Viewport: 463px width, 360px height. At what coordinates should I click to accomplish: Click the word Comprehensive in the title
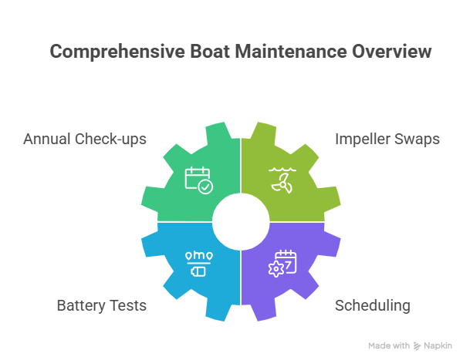pos(117,52)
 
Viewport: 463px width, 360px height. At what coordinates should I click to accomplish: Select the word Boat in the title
pos(210,52)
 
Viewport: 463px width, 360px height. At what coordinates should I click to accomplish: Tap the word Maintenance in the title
pos(291,52)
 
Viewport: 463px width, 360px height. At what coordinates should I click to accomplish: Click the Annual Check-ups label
pos(85,140)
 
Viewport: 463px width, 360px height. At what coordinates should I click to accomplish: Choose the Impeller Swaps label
pos(387,140)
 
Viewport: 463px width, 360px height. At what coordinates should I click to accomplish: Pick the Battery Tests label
pos(102,305)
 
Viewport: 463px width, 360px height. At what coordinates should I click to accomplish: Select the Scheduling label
pos(373,306)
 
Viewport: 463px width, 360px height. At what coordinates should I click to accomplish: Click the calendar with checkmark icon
pos(199,180)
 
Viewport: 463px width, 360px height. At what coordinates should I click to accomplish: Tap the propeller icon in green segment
pos(282,183)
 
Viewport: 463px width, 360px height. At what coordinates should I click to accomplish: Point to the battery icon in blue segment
pos(198,271)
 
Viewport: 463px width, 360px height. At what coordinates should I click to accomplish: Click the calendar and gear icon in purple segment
pos(282,264)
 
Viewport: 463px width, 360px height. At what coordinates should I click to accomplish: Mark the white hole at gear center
pos(241,221)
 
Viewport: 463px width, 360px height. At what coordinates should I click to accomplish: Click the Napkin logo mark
pos(417,346)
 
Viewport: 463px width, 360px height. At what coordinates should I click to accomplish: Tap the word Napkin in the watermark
pos(438,346)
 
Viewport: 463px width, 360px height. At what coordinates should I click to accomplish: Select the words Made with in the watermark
pos(389,346)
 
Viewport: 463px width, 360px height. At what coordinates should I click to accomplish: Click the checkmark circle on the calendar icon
pos(205,187)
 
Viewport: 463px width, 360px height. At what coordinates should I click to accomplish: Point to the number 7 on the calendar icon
pos(289,264)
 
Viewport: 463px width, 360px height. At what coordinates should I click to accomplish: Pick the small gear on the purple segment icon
pos(275,269)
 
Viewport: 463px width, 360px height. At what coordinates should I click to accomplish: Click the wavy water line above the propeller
pos(282,170)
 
